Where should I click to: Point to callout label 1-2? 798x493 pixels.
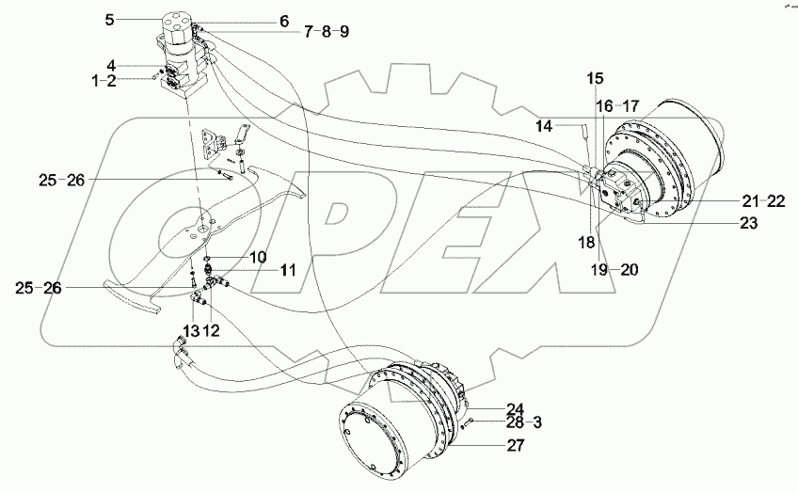(x=117, y=81)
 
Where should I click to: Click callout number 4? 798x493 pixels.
(x=111, y=65)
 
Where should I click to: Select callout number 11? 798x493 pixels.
(x=288, y=269)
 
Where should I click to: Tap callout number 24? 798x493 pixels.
(x=515, y=408)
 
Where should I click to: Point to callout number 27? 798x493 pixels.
(x=515, y=446)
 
